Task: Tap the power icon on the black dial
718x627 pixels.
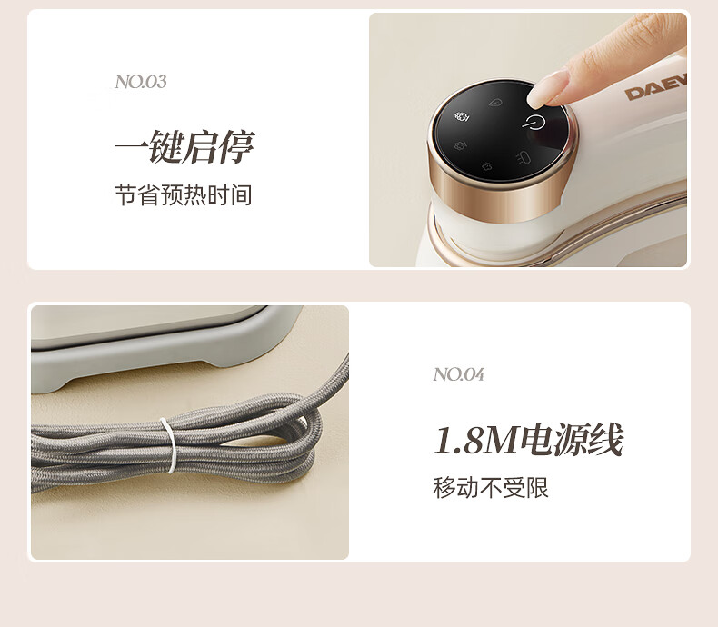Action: pyautogui.click(x=534, y=123)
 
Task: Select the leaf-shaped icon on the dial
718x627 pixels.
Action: pyautogui.click(x=495, y=103)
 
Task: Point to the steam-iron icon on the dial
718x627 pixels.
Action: pyautogui.click(x=523, y=158)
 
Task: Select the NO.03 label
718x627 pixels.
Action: pyautogui.click(x=141, y=82)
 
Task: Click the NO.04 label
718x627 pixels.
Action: pyautogui.click(x=458, y=374)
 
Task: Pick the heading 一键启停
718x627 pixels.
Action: pyautogui.click(x=184, y=146)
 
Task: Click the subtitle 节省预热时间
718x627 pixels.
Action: pyautogui.click(x=184, y=195)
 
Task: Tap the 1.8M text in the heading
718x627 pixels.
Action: pyautogui.click(x=477, y=440)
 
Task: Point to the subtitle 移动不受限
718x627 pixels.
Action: pyautogui.click(x=491, y=487)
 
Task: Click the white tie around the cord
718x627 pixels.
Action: pyautogui.click(x=169, y=445)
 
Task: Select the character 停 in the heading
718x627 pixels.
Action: pyautogui.click(x=236, y=146)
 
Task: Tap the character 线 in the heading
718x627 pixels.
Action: pyautogui.click(x=606, y=440)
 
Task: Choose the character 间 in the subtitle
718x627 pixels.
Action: pyautogui.click(x=241, y=195)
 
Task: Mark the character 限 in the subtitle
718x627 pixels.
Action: pyautogui.click(x=537, y=487)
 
